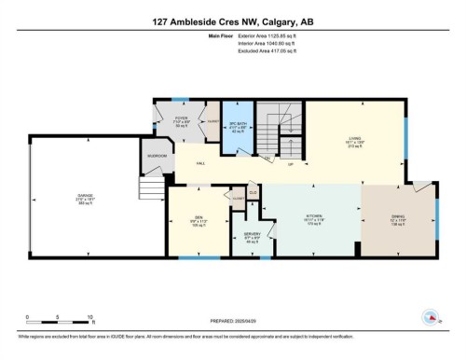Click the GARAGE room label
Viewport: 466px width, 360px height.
click(x=85, y=197)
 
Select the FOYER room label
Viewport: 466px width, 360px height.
click(x=182, y=118)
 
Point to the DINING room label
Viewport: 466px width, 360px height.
click(x=398, y=216)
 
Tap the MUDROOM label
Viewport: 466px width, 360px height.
click(x=157, y=156)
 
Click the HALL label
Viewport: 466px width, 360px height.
click(x=200, y=163)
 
